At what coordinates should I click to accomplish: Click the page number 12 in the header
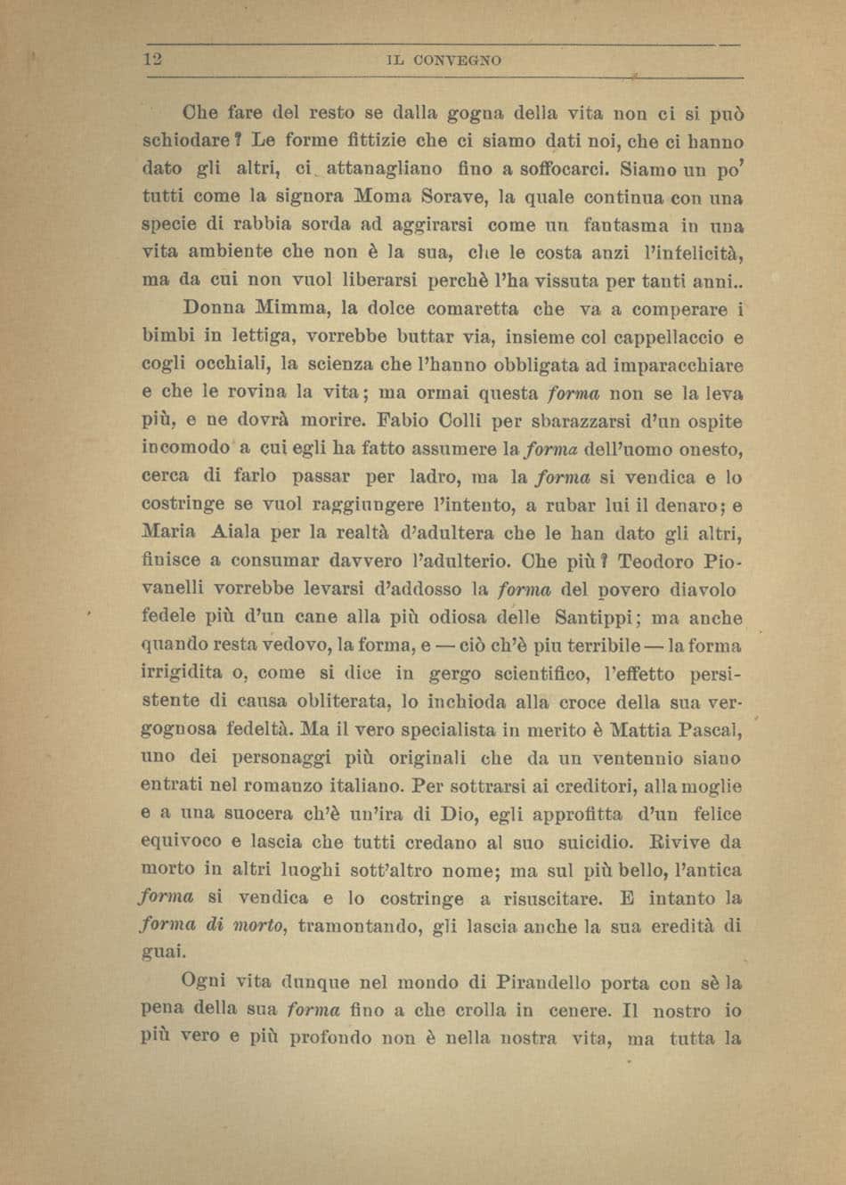150,61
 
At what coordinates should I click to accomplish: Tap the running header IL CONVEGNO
444,61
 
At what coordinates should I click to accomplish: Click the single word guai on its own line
163,952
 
